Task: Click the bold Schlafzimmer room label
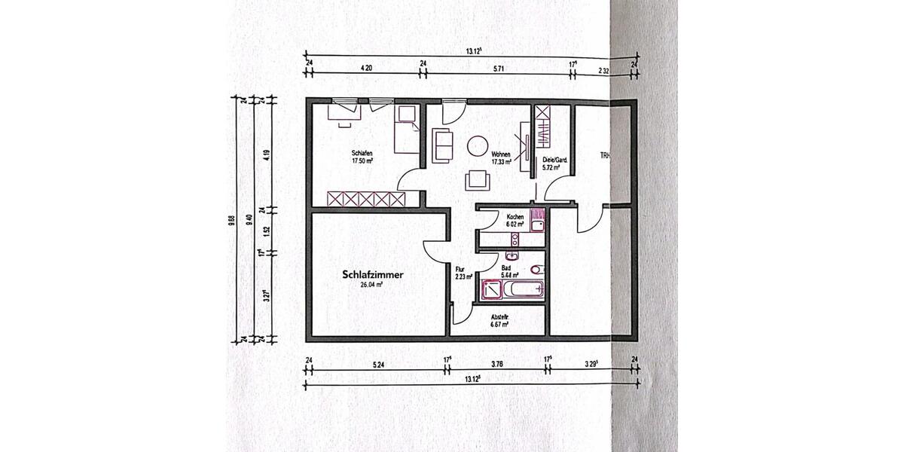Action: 372,276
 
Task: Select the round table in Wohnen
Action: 478,145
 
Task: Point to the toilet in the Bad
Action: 536,270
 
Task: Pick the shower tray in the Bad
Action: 490,290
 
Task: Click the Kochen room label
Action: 515,217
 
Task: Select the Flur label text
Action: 461,268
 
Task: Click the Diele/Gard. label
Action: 554,160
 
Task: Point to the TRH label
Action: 604,157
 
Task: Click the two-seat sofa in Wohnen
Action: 441,144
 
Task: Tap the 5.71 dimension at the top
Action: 497,68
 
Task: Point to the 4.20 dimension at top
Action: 367,68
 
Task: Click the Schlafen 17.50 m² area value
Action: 362,160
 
